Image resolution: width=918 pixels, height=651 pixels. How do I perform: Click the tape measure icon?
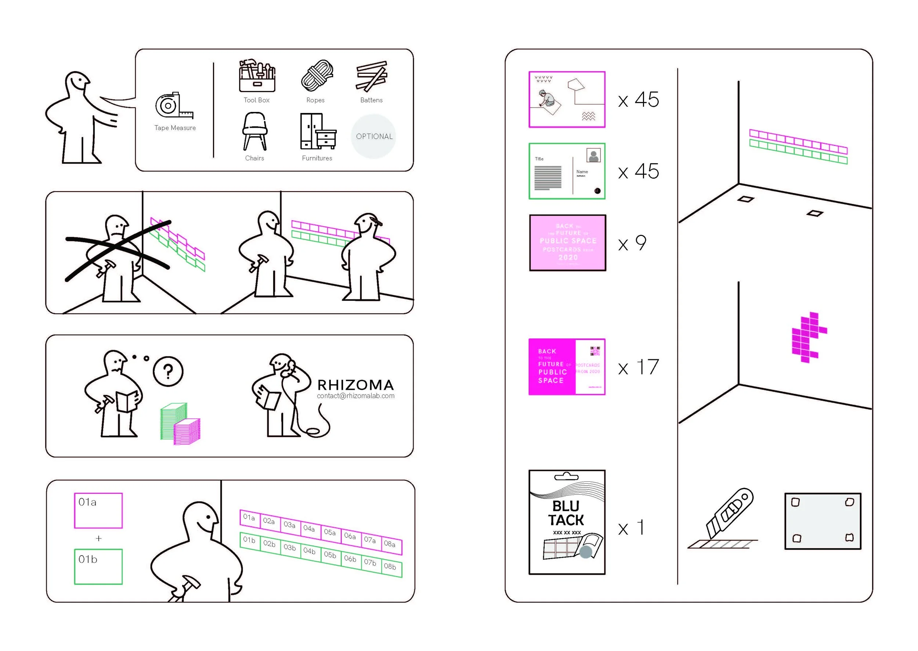coord(173,106)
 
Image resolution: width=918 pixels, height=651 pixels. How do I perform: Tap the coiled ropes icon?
coord(317,75)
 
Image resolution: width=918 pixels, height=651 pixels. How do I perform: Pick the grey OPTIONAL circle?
coord(374,136)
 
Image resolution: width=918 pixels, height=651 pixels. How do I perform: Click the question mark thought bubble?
coord(168,372)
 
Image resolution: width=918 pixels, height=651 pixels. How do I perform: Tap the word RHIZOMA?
coord(355,385)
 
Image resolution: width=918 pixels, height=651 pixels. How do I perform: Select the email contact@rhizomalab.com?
coord(355,396)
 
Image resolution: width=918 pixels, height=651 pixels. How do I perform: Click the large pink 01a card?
coord(98,510)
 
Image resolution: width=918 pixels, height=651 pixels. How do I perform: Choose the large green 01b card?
coord(98,567)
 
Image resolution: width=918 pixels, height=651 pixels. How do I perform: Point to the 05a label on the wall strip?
coord(330,532)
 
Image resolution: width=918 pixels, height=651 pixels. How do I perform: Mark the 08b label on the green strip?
coord(390,567)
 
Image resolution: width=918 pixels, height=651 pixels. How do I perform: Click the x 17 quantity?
coord(639,367)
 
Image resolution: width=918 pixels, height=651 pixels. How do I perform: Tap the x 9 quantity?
coord(632,243)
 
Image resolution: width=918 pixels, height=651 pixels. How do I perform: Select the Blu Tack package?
coord(567,522)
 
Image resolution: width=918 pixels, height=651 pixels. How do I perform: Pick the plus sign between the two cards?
coord(99,538)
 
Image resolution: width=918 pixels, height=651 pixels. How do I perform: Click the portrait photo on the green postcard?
coord(593,156)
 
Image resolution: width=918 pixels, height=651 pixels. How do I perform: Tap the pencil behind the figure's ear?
coord(377,221)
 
